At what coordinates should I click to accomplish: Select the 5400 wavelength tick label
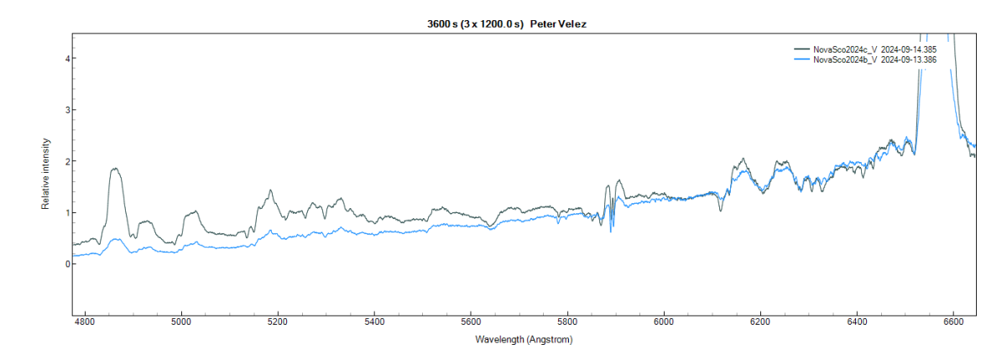(374, 321)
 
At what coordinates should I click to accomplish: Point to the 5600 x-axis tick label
(471, 321)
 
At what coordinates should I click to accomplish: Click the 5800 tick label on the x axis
(567, 321)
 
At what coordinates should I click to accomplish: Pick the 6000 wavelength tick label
(664, 321)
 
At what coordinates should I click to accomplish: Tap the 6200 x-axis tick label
(760, 321)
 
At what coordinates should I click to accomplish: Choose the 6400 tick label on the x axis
(857, 321)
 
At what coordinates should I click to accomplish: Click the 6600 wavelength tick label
(953, 321)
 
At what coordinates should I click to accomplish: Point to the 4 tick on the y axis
(65, 58)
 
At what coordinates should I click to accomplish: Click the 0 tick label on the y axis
(65, 264)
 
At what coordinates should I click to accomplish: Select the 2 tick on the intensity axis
(65, 161)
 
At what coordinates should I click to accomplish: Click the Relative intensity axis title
(47, 174)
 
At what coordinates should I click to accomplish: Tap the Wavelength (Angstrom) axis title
(524, 340)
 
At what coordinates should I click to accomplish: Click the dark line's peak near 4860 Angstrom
(116, 169)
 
